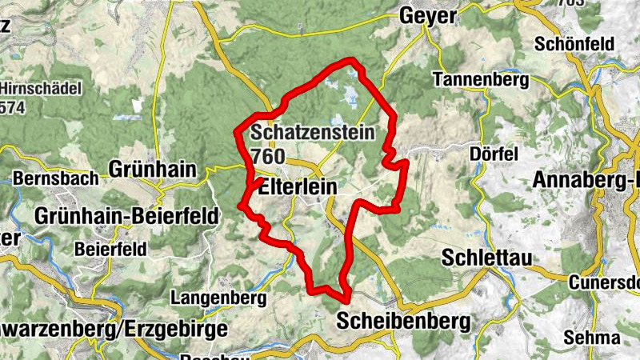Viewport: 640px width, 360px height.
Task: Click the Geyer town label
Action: coord(428,15)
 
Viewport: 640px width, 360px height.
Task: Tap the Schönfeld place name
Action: coord(575,43)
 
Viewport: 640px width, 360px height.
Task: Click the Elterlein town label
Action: coord(298,186)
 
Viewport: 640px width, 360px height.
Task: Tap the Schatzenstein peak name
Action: coord(313,133)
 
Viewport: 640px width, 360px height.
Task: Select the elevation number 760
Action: coord(267,156)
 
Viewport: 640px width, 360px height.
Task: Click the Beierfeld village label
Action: coord(110,249)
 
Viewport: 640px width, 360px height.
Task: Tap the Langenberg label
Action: coord(218,298)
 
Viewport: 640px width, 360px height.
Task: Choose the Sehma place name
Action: coord(592,337)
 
